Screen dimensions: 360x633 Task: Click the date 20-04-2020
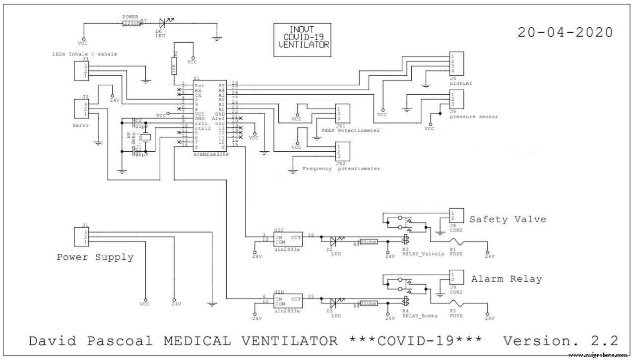[565, 32]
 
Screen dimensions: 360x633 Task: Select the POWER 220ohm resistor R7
[131, 23]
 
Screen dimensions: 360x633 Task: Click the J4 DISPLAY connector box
[456, 63]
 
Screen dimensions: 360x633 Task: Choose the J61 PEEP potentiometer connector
[343, 114]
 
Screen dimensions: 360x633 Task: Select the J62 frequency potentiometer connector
[343, 152]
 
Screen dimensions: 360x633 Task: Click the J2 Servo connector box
[81, 109]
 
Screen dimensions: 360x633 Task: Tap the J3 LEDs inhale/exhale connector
[81, 71]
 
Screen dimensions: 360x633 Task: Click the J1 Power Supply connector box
[81, 237]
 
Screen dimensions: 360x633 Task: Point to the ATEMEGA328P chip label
[211, 154]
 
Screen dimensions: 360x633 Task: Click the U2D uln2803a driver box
[288, 302]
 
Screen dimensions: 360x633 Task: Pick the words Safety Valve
[507, 219]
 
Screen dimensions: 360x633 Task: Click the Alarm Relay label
[506, 279]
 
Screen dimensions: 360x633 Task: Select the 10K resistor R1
[174, 68]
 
